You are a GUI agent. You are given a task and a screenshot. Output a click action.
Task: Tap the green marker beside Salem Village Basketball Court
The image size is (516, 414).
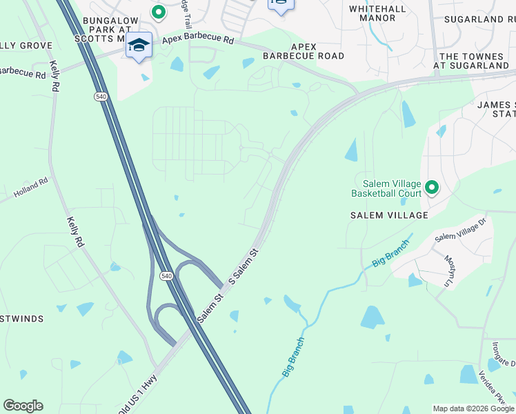432,187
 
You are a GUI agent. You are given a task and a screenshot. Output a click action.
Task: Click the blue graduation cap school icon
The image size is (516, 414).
139,46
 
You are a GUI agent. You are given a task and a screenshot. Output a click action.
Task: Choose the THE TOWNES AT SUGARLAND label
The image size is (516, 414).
475,61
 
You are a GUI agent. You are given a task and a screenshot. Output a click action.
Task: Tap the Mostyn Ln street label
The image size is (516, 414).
448,270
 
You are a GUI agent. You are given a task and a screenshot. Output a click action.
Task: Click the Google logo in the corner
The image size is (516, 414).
23,406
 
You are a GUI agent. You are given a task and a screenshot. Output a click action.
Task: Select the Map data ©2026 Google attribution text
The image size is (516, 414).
473,408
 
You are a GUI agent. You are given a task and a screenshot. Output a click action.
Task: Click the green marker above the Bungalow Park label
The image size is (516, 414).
158,12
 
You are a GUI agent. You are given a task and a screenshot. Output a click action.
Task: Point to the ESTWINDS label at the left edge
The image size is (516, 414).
22,319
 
